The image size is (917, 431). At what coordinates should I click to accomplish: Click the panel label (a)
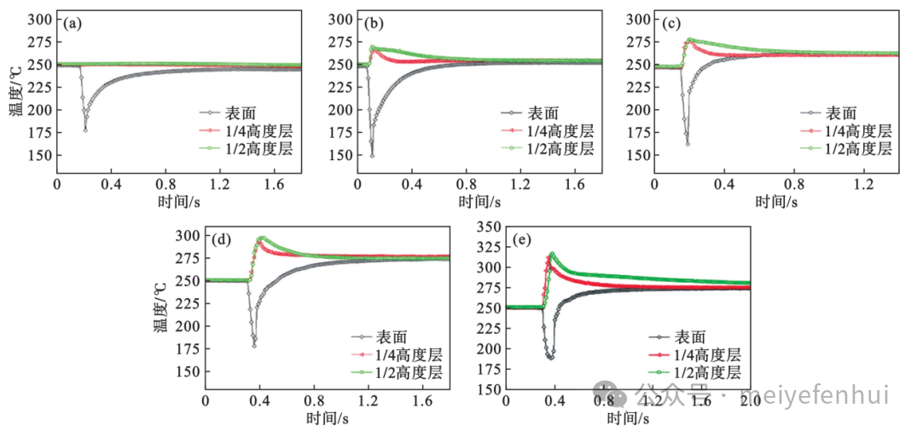click(x=73, y=24)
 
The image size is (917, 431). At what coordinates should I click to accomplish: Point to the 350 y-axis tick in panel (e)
click(x=490, y=227)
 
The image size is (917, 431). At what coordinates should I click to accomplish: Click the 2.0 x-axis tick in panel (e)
click(x=750, y=400)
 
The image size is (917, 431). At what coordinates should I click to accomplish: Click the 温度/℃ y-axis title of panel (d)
click(x=162, y=307)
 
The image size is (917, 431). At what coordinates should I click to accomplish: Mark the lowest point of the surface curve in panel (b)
click(x=372, y=155)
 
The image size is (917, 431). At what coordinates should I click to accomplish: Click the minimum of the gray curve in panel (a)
click(x=85, y=129)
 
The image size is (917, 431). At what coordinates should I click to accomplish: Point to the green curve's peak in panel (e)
click(x=553, y=253)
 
